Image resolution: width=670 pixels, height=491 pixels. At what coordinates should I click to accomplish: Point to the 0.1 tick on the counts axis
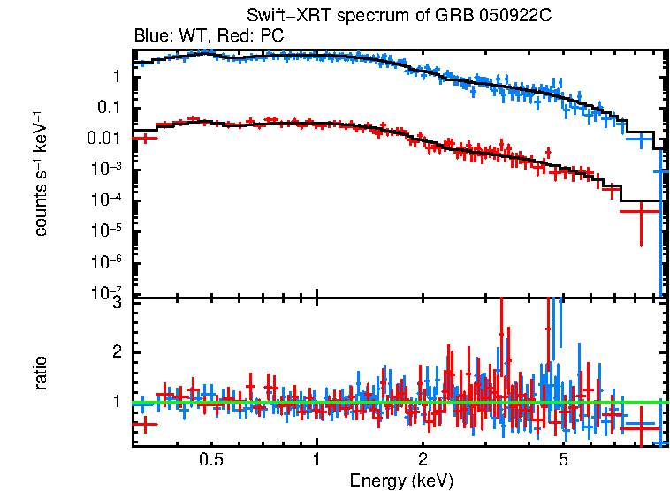111,108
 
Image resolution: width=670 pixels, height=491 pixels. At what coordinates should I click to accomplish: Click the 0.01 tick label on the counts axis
107,139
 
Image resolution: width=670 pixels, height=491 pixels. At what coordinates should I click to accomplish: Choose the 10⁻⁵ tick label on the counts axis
109,231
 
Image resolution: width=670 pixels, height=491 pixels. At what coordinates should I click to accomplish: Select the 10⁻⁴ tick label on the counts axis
109,200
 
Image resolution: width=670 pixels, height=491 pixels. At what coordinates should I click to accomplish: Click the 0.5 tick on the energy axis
211,460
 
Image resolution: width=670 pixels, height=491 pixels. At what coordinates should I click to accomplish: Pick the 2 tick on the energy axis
423,460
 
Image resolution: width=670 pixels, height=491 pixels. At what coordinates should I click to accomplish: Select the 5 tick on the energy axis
563,460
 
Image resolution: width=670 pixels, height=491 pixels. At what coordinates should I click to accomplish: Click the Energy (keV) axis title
401,480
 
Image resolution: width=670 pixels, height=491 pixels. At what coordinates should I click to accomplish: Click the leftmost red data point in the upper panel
144,139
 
